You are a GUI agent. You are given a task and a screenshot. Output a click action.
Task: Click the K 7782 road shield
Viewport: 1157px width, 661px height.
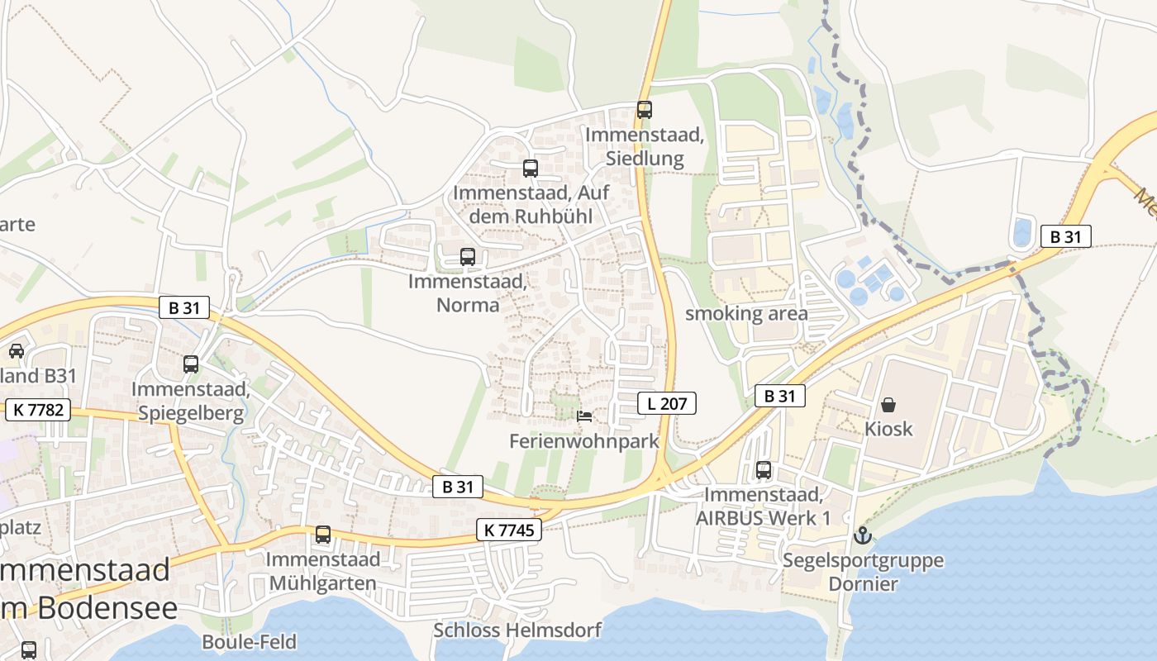coord(38,410)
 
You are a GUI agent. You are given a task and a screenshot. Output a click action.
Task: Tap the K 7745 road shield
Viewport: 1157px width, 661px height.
coord(509,530)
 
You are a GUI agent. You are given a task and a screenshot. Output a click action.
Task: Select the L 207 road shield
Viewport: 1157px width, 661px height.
coord(667,403)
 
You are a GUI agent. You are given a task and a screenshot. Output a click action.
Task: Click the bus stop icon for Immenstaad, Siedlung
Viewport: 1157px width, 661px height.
coord(645,109)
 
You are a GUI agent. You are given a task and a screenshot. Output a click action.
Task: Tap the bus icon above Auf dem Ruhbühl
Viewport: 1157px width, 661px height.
coord(531,169)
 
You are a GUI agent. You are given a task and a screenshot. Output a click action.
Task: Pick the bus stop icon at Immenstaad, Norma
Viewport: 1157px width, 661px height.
coord(468,257)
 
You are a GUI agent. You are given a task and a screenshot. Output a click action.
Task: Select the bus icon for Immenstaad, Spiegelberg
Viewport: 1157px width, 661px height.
coord(191,364)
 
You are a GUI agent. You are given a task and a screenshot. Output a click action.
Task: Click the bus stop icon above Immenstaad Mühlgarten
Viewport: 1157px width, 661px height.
coord(323,535)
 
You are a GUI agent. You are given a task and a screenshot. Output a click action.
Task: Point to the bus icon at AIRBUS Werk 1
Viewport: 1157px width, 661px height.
coord(764,470)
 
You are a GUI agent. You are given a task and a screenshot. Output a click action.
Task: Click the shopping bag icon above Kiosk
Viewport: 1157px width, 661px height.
coord(888,404)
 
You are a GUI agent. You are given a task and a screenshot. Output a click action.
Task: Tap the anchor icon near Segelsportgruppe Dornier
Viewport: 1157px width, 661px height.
coord(862,535)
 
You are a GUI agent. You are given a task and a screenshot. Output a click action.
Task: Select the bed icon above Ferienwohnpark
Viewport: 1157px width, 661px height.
coord(584,416)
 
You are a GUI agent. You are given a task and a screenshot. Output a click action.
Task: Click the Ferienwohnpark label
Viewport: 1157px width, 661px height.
coord(584,441)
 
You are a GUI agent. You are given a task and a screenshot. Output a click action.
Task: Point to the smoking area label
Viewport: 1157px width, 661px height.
coord(746,314)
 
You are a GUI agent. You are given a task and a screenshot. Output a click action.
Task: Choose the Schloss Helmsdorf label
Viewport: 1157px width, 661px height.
coord(517,630)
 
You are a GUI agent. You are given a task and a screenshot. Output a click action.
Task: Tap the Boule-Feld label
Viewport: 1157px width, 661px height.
coord(249,641)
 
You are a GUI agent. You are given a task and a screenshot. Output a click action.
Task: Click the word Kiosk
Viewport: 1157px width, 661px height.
coord(888,428)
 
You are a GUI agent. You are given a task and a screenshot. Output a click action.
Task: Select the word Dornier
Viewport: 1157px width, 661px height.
coord(864,584)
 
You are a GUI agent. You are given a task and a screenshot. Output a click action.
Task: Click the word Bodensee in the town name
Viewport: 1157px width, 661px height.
coord(107,608)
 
